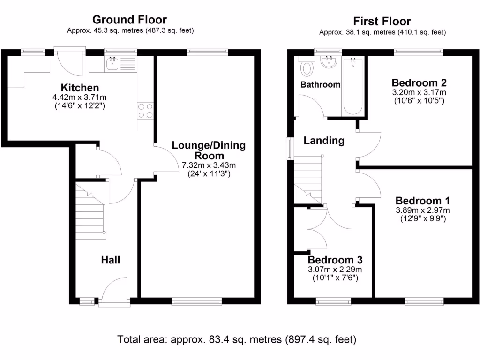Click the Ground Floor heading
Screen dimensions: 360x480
[x=129, y=20]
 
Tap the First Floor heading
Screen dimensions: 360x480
[x=382, y=21]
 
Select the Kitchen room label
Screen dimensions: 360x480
[x=80, y=88]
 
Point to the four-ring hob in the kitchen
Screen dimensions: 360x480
[x=145, y=110]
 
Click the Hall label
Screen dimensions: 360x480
[x=111, y=260]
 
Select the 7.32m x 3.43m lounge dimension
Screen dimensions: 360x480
[x=209, y=165]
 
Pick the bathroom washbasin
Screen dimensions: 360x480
[x=329, y=61]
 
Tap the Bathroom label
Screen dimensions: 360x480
[x=320, y=85]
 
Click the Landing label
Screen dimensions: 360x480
[x=324, y=140]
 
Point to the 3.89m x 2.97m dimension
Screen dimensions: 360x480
[x=422, y=210]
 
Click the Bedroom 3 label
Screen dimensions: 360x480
[x=335, y=260]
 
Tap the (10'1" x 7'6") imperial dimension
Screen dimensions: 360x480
[x=335, y=278]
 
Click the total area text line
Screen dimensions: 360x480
[x=237, y=339]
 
